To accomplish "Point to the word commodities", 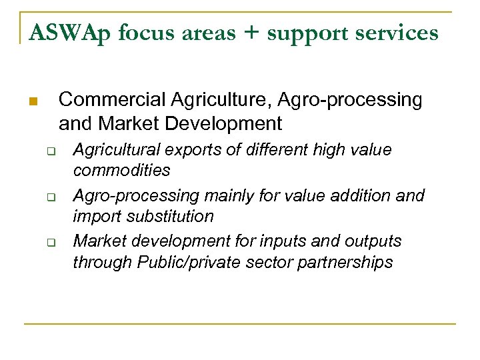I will (x=121, y=171).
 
